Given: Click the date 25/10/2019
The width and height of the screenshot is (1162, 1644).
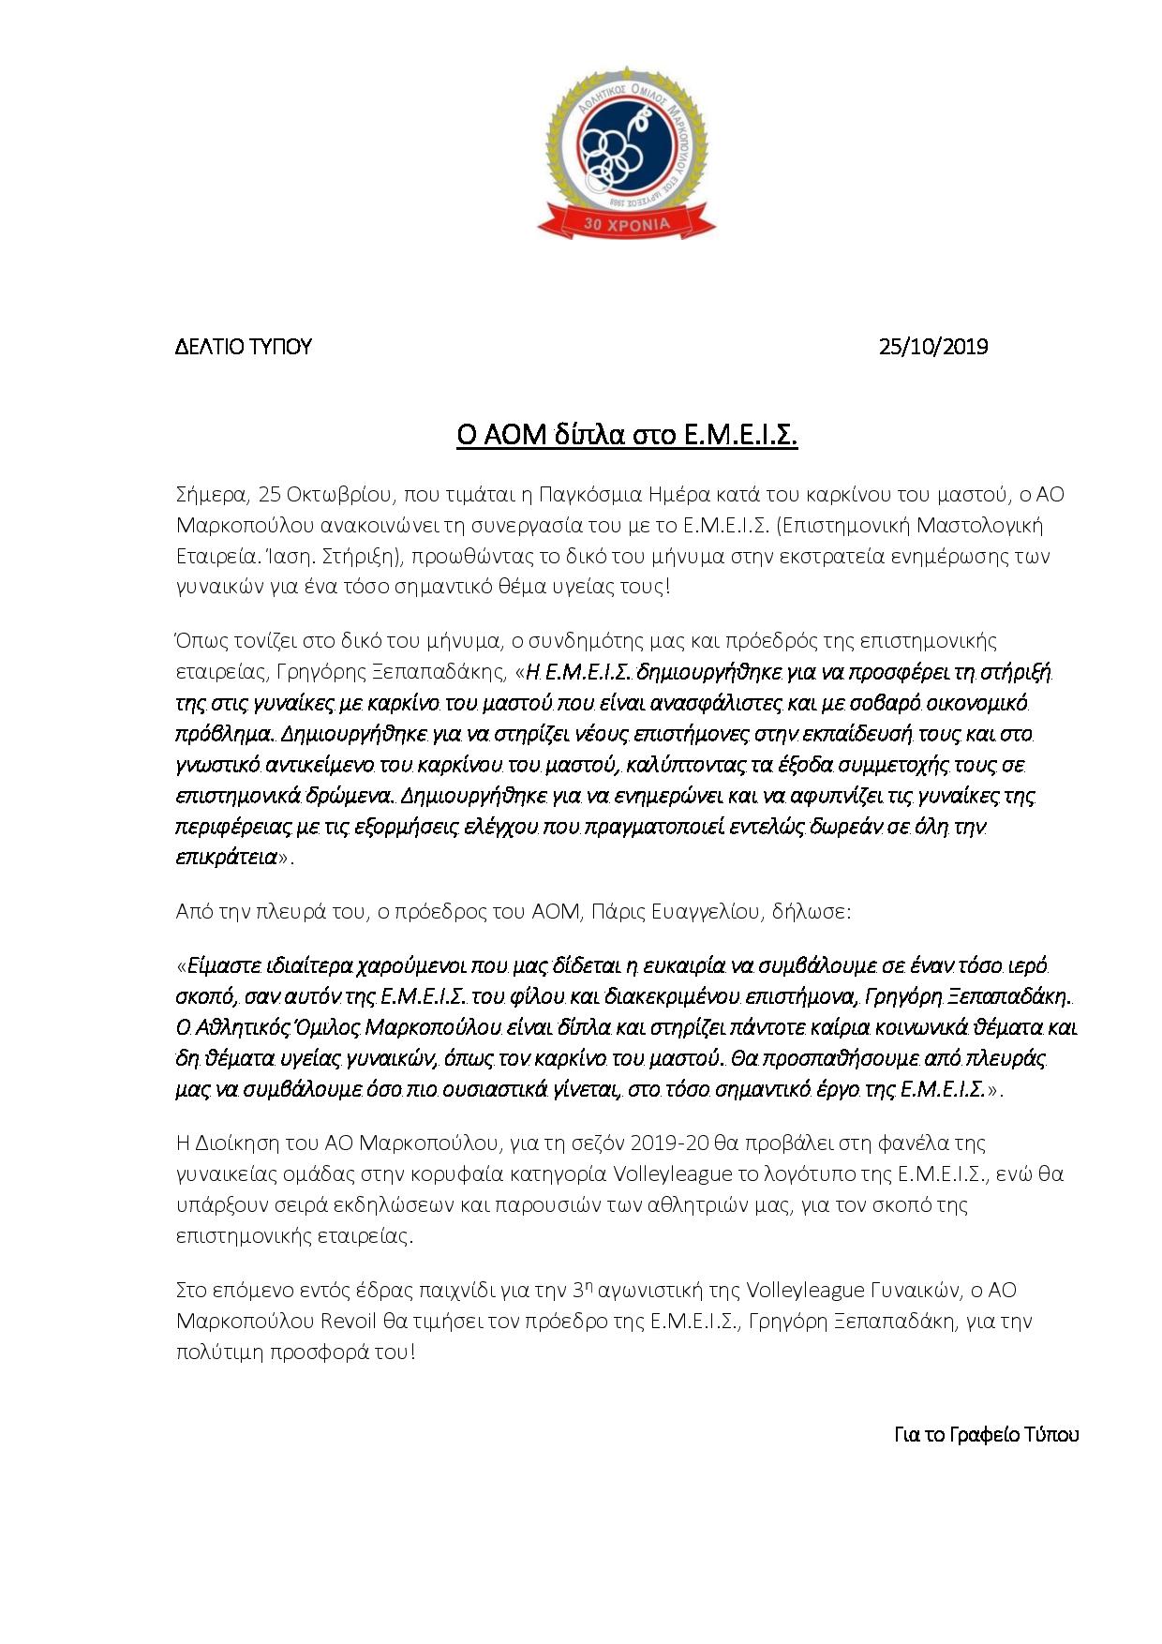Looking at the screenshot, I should tap(932, 347).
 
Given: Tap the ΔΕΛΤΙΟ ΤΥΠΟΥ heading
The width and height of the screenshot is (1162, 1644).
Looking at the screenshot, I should tap(244, 347).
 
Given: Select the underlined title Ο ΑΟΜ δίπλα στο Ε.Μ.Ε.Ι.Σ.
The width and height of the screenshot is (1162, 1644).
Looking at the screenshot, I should tap(626, 436).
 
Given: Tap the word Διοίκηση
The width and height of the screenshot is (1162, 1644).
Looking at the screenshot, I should tap(248, 1143).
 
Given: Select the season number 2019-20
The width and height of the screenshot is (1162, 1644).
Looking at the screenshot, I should tap(670, 1143).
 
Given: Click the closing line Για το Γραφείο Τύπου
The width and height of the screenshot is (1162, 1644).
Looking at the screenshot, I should tap(986, 1435).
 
